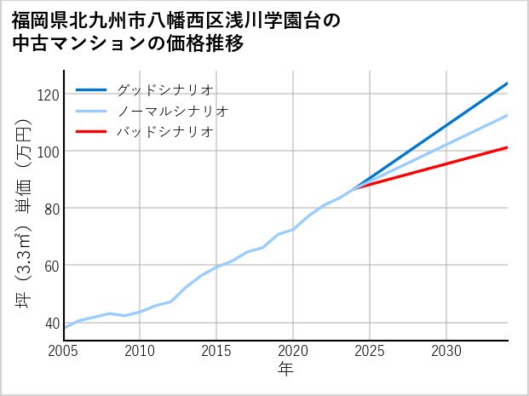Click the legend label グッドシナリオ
(x=164, y=89)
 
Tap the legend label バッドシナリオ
(x=164, y=132)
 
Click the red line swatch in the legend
(x=91, y=132)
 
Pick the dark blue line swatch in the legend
(x=91, y=89)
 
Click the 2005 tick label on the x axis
(x=64, y=351)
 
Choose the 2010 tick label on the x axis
(x=141, y=351)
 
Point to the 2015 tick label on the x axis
(x=217, y=351)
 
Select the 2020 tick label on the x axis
(x=294, y=351)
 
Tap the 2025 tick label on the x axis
(x=371, y=351)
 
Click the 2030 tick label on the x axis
(x=447, y=351)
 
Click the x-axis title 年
(x=286, y=370)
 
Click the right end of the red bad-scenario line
(x=507, y=147)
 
